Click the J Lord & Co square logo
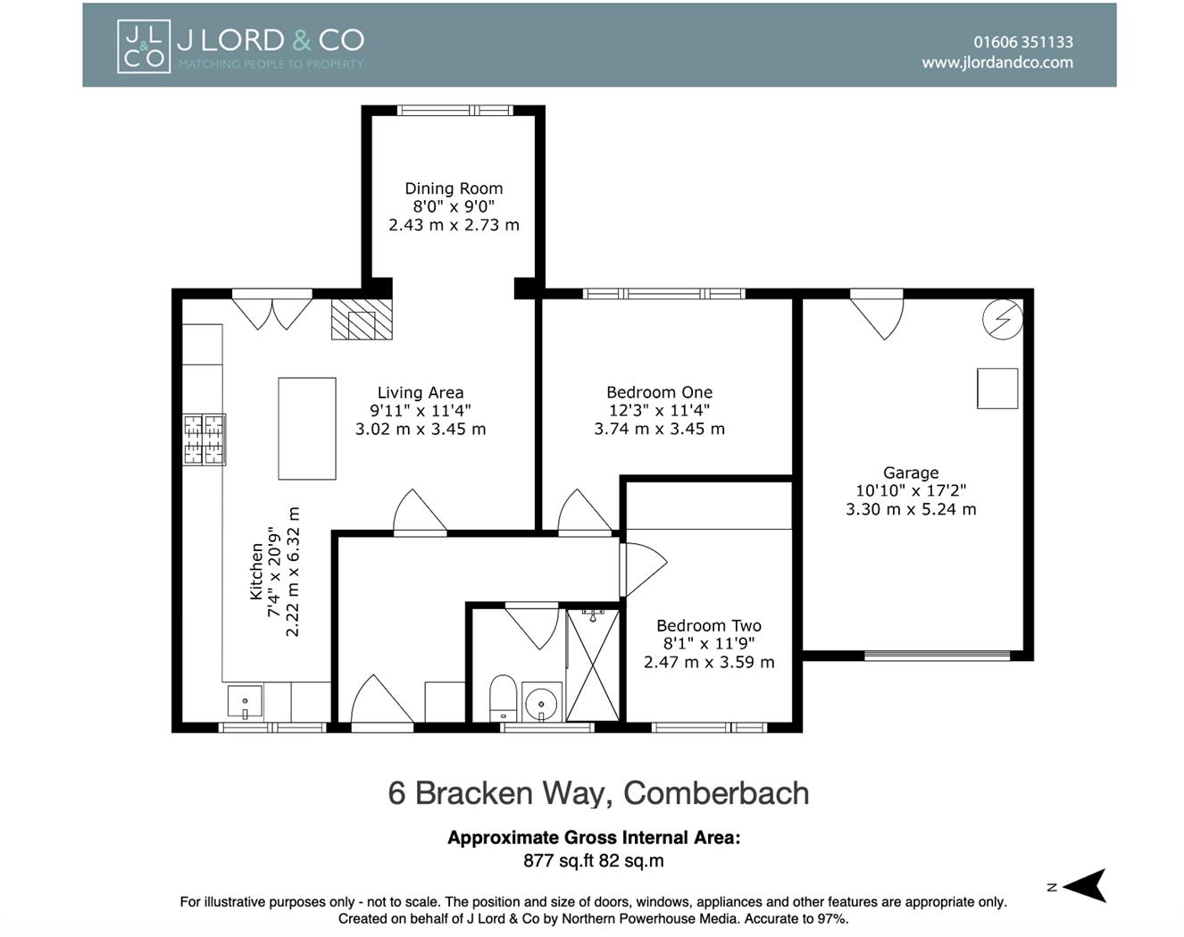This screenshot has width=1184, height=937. click(x=143, y=46)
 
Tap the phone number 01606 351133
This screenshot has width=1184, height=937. click(x=1022, y=42)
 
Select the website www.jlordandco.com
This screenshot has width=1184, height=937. click(x=996, y=63)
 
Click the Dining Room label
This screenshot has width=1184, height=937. click(x=454, y=188)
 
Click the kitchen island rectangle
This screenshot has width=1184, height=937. click(x=307, y=429)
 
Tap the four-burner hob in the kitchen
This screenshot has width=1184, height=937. click(x=204, y=439)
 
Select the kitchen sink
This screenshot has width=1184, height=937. click(x=245, y=701)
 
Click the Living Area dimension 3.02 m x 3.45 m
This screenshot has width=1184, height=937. click(x=420, y=429)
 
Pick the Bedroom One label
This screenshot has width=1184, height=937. click(x=659, y=392)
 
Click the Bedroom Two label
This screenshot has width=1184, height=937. click(x=708, y=626)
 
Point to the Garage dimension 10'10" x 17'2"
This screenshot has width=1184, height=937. click(x=910, y=490)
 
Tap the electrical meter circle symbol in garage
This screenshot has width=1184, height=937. click(x=1002, y=319)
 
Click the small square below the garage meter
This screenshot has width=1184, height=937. click(x=997, y=389)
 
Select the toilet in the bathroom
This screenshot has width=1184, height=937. click(x=503, y=698)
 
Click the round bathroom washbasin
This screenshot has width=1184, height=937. click(x=541, y=702)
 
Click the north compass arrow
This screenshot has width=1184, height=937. click(x=1084, y=886)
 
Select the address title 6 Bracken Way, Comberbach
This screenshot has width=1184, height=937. click(x=598, y=793)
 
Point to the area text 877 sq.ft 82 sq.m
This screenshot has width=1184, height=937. click(x=593, y=861)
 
